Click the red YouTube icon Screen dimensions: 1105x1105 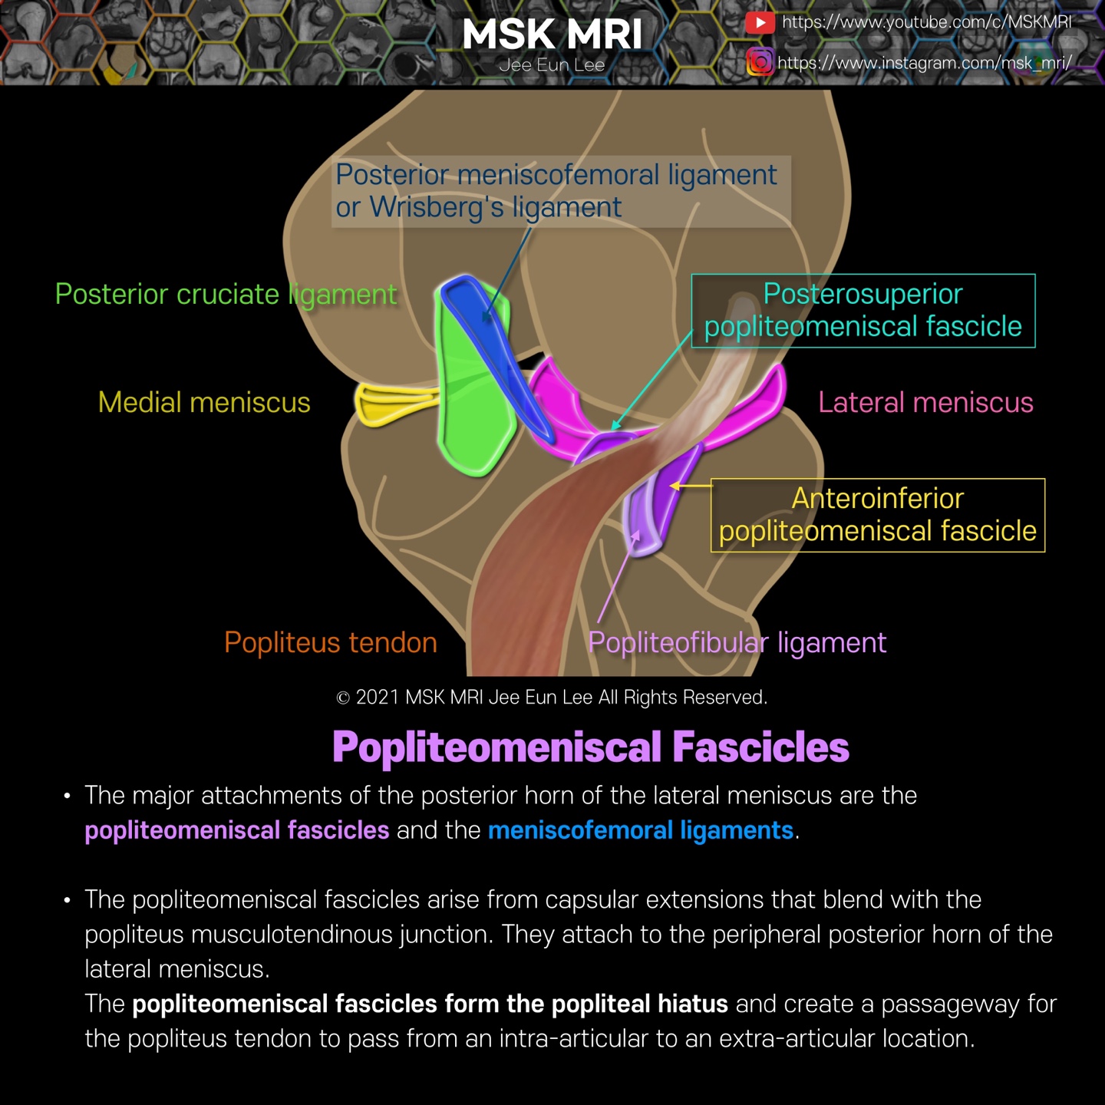(x=759, y=22)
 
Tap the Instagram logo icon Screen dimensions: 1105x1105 (x=759, y=61)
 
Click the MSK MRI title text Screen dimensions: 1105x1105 (x=552, y=35)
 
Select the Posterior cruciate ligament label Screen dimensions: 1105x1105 (x=226, y=295)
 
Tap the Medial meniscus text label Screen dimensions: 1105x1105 (x=204, y=403)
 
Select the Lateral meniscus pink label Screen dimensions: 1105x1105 (x=925, y=403)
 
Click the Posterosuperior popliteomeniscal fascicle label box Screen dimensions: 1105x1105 (x=863, y=311)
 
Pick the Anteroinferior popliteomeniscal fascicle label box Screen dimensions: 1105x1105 (x=878, y=515)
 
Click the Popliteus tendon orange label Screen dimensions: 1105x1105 (x=330, y=643)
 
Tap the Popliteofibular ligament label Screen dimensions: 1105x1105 (x=737, y=643)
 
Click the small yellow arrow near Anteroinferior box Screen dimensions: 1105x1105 (x=691, y=485)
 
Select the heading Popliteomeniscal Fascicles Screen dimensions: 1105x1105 (x=590, y=747)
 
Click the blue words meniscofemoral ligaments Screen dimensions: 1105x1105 (x=641, y=830)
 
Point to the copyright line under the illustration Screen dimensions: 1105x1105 (x=552, y=698)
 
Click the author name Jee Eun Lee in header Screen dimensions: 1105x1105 (x=552, y=65)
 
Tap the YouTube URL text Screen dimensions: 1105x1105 (x=926, y=22)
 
